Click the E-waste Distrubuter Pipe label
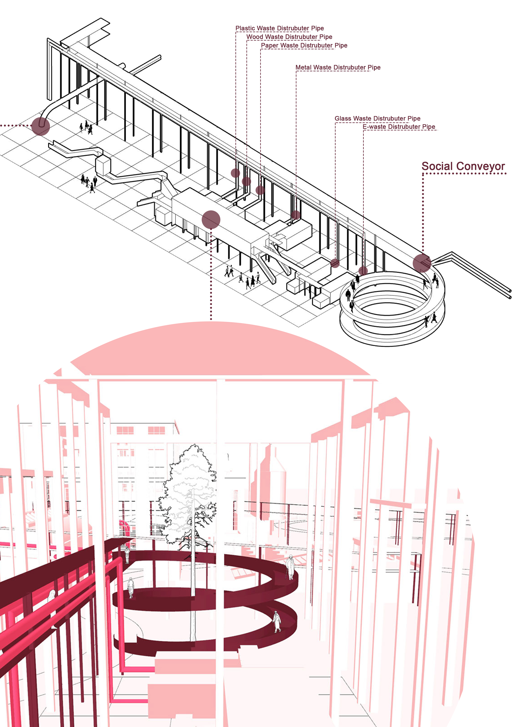[x=399, y=127]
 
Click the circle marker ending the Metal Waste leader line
[x=296, y=215]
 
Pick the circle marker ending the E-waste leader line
[x=363, y=271]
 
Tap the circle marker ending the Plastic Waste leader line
[x=235, y=173]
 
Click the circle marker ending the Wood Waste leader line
[x=246, y=181]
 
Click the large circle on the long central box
[x=211, y=219]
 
